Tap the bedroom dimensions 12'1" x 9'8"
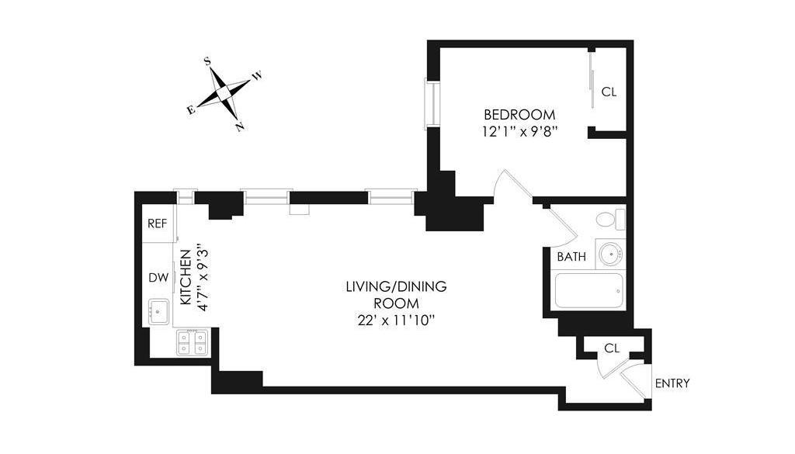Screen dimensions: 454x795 (520, 131)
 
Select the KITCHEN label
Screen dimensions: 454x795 (186, 277)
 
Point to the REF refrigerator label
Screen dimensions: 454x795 (158, 224)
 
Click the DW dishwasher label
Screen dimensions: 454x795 (158, 277)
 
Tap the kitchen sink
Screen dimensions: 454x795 (160, 312)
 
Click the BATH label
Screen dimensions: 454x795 (571, 256)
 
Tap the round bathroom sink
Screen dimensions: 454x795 (610, 254)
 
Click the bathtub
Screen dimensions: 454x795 (588, 292)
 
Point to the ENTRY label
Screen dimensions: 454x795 (672, 383)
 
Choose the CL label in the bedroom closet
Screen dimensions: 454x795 (609, 92)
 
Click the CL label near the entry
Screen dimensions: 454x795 (612, 348)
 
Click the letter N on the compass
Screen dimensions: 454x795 (241, 126)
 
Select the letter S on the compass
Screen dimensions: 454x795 (207, 60)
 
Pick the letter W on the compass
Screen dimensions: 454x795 (258, 76)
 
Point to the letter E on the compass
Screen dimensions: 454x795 (190, 110)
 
